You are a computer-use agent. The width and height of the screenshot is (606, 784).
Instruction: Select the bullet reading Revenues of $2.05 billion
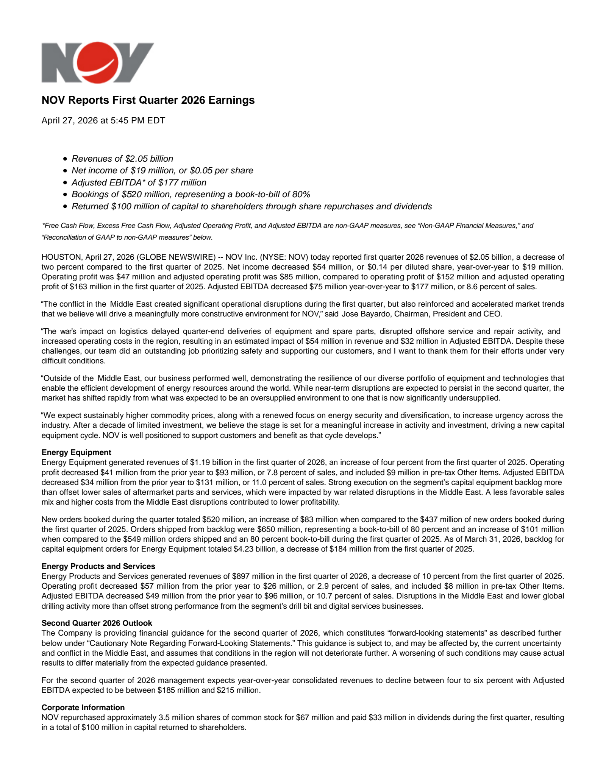click(122, 159)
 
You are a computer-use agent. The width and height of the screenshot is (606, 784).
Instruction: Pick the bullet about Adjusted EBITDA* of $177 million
click(139, 182)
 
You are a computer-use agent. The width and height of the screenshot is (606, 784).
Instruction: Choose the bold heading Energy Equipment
click(76, 452)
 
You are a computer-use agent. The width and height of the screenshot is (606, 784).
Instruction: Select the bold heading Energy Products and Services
click(98, 566)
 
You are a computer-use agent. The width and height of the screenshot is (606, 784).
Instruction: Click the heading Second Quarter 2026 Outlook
click(97, 623)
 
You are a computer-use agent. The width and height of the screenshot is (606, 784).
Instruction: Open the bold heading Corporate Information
click(83, 708)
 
